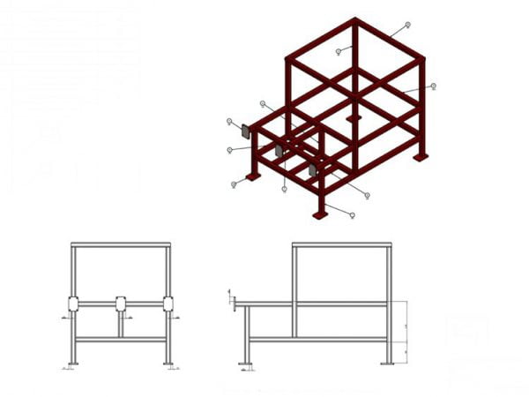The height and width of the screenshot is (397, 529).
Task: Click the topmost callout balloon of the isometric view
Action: (407, 25)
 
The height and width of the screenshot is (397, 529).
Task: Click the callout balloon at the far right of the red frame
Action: (433, 86)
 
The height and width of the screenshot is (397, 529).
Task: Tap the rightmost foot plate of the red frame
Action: (421, 157)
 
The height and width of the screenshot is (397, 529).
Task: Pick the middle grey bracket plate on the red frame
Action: (279, 152)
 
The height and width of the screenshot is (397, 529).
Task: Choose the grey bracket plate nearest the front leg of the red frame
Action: (311, 169)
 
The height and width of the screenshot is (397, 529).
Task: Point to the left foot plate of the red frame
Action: (253, 176)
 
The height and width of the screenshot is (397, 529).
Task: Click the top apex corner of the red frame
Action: (355, 19)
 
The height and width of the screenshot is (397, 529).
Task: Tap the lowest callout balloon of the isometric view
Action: (352, 214)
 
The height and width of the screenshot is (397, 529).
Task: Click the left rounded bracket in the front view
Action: (73, 304)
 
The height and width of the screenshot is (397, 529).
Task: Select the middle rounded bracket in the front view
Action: (121, 304)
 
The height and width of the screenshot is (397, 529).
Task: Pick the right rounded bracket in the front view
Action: (168, 304)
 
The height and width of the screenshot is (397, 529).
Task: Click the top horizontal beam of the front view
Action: (121, 244)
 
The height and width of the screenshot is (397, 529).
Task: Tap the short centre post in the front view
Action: (121, 324)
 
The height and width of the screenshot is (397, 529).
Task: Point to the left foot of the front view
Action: (73, 363)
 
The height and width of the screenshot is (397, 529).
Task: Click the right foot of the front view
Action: (168, 363)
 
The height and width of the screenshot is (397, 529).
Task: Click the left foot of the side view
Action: (247, 363)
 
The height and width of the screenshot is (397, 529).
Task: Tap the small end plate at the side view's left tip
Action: (233, 304)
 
